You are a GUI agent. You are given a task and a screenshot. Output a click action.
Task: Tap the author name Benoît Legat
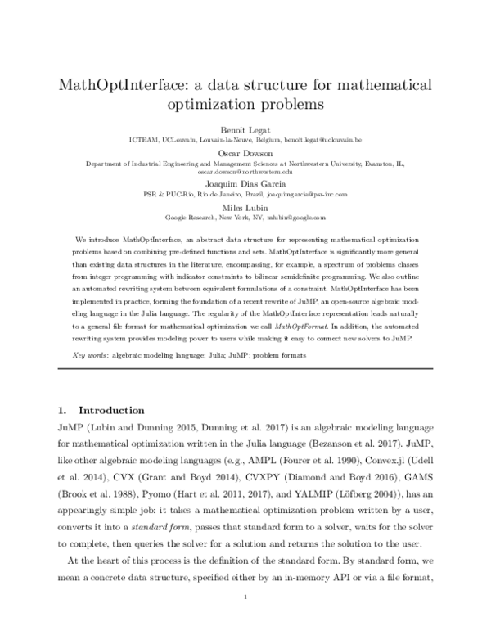245,130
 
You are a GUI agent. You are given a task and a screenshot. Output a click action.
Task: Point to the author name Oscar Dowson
245,152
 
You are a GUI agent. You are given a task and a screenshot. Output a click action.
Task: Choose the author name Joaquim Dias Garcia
245,185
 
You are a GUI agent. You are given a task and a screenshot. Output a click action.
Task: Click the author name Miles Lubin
245,208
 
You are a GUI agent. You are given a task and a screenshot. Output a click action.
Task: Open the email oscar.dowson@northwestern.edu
245,173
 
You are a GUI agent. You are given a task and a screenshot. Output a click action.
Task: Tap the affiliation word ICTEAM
144,141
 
